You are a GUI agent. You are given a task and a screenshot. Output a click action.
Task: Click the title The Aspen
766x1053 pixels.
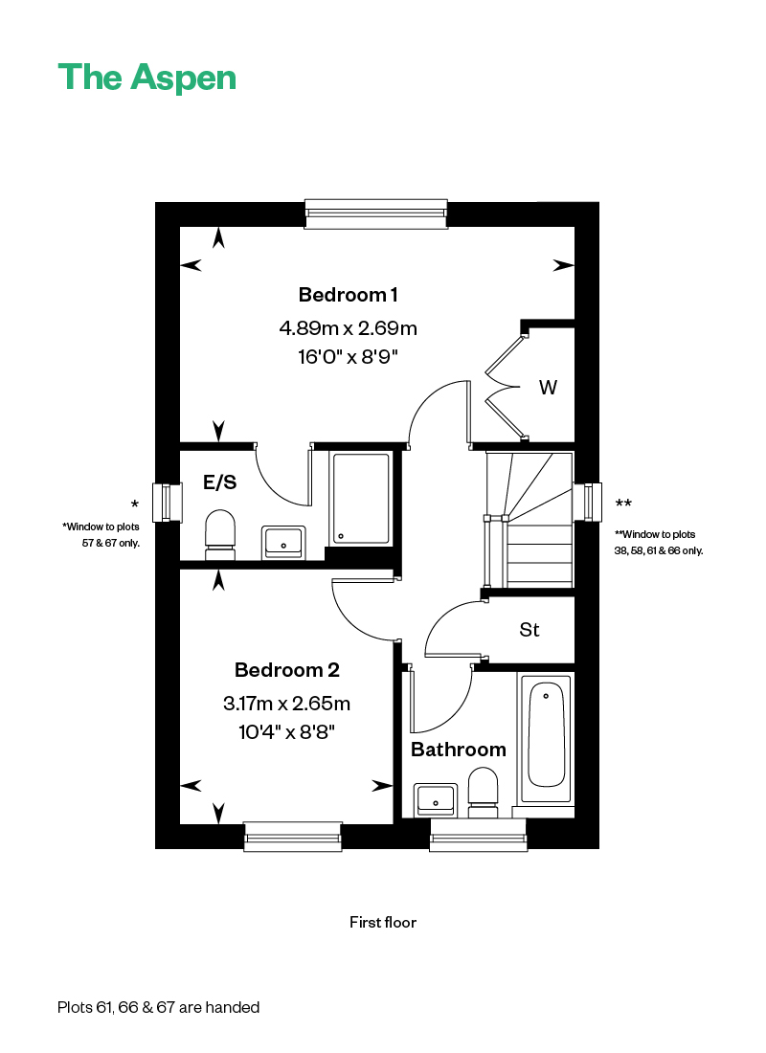coord(147,78)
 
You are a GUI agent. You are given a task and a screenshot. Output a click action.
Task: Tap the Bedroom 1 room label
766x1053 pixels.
coord(349,295)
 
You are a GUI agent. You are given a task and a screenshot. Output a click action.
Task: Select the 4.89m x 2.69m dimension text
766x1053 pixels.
coord(349,328)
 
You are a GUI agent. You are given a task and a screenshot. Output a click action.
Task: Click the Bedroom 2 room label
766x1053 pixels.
coord(287,670)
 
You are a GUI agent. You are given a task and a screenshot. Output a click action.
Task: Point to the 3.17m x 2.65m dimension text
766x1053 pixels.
coord(287,704)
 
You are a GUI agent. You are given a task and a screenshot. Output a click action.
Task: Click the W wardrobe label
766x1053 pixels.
coord(548,388)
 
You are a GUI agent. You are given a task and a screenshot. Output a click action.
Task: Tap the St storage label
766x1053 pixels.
coord(529,630)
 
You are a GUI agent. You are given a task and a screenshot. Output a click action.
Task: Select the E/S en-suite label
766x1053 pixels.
coord(219,482)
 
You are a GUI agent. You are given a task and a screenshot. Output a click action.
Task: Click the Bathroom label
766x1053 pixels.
coord(459,750)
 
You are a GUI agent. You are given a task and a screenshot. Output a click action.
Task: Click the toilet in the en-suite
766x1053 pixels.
coord(220,534)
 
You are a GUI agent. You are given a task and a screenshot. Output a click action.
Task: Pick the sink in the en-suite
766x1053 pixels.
coord(283,542)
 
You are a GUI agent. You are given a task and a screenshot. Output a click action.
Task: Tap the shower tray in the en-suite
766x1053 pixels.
coord(361,499)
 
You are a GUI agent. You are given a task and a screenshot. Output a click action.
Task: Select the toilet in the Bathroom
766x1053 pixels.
coord(483,794)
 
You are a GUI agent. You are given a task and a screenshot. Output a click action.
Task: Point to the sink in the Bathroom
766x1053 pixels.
coord(436,800)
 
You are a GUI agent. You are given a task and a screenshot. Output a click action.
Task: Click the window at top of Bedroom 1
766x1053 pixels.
coord(376,213)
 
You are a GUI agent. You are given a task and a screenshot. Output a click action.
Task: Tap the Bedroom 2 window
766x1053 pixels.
coord(293,837)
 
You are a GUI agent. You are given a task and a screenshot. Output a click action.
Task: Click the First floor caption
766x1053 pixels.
coord(383,923)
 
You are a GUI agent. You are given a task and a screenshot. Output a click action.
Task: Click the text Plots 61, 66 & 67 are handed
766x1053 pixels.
coord(159,1007)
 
